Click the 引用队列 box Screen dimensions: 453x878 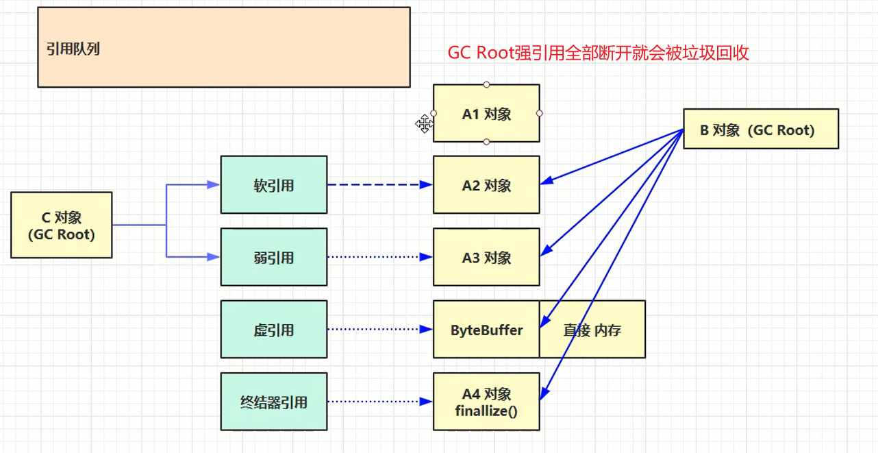pyautogui.click(x=223, y=47)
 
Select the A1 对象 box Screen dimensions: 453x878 pyautogui.click(x=486, y=114)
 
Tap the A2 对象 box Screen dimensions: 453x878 pyautogui.click(x=486, y=185)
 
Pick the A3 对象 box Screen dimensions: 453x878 pyautogui.click(x=486, y=258)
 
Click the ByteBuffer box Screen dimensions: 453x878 pyautogui.click(x=486, y=330)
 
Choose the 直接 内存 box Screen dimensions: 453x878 pyautogui.click(x=592, y=330)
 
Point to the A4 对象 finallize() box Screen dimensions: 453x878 pyautogui.click(x=486, y=402)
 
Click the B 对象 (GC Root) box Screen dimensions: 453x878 pyautogui.click(x=760, y=130)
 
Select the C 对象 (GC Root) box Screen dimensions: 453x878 pyautogui.click(x=62, y=225)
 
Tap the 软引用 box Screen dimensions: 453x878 pyautogui.click(x=274, y=185)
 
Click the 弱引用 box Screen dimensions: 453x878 pyautogui.click(x=274, y=258)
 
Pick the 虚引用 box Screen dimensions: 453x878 pyautogui.click(x=274, y=330)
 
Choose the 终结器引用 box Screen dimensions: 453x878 pyautogui.click(x=274, y=402)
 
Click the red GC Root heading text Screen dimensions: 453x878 pyautogui.click(x=598, y=53)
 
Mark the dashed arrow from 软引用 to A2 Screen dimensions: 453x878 pyautogui.click(x=379, y=185)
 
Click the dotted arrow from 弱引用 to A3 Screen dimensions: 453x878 pyautogui.click(x=379, y=258)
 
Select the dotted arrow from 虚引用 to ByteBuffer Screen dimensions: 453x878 pyautogui.click(x=379, y=330)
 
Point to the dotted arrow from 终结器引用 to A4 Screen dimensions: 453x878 pyautogui.click(x=379, y=402)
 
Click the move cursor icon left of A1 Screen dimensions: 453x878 pyautogui.click(x=424, y=124)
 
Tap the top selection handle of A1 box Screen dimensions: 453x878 pyautogui.click(x=486, y=85)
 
